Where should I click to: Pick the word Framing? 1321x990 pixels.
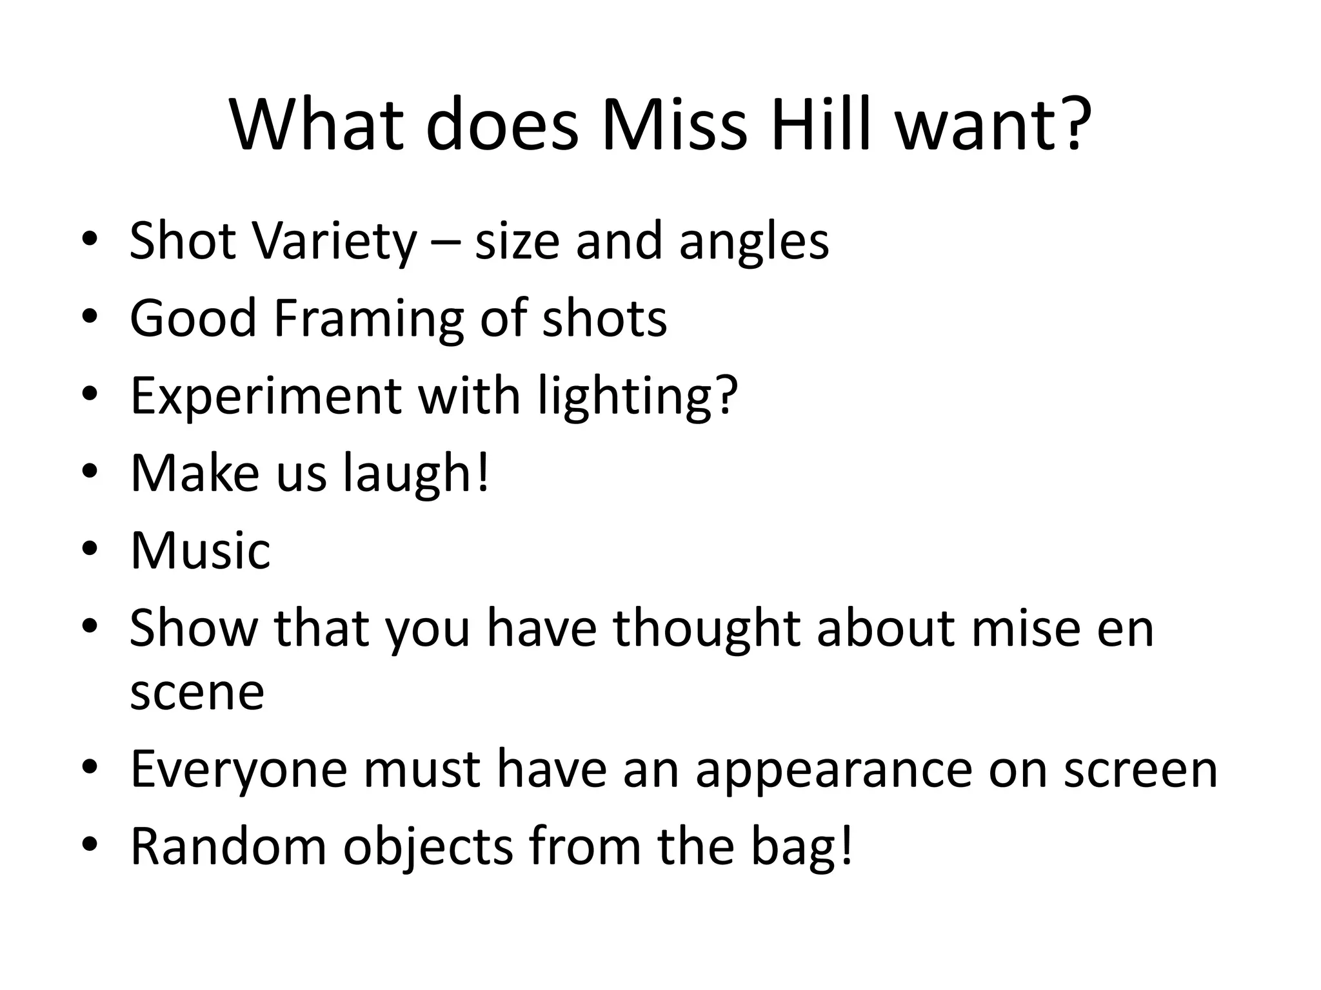(368, 319)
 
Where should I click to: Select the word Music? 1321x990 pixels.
(200, 551)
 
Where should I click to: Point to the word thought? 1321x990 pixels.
(706, 628)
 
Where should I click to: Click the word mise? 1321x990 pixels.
(1026, 628)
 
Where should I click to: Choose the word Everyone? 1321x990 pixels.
(239, 770)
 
